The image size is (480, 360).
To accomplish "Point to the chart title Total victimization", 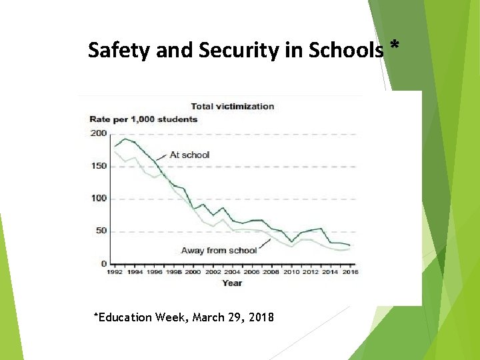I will click(232, 106).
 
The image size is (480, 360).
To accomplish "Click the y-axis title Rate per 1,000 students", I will click(143, 119).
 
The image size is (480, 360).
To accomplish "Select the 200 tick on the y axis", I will click(98, 133).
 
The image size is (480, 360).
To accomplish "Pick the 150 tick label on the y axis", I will click(98, 166).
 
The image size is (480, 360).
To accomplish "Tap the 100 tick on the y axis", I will click(98, 199).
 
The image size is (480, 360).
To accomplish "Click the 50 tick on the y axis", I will click(100, 231).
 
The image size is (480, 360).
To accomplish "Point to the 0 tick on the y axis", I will click(103, 264).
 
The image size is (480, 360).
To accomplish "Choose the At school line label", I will click(189, 155).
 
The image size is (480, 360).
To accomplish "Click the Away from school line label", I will click(219, 251).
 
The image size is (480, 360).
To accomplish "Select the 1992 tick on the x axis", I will click(115, 273).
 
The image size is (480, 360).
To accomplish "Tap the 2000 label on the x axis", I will click(193, 273).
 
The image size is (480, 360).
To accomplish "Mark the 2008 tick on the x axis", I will click(271, 273).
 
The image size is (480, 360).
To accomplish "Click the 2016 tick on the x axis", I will click(349, 273).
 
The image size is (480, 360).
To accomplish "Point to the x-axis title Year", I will click(232, 283).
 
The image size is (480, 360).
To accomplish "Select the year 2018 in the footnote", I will click(260, 317).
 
